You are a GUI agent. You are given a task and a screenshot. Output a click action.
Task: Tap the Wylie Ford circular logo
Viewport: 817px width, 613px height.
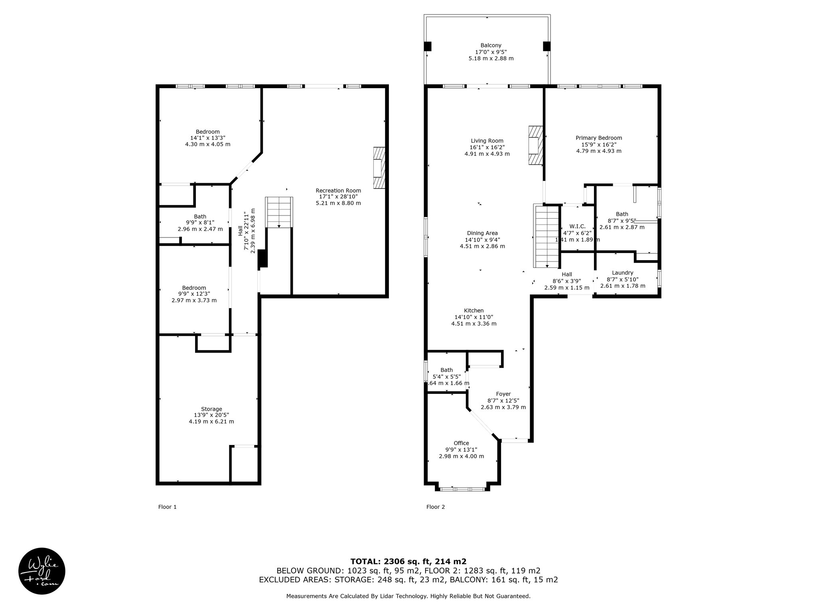pyautogui.click(x=42, y=571)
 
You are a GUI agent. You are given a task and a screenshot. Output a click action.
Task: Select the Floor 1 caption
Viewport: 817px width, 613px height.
pyautogui.click(x=167, y=507)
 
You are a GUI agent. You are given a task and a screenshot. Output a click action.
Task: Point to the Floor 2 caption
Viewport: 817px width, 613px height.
pyautogui.click(x=435, y=507)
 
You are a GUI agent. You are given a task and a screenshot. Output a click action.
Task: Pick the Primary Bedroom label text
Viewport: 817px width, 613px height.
pyautogui.click(x=599, y=138)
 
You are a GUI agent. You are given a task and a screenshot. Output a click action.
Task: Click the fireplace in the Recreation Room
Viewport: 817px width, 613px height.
pyautogui.click(x=379, y=168)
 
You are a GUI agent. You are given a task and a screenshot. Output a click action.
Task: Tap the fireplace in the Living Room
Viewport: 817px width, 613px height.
pyautogui.click(x=535, y=145)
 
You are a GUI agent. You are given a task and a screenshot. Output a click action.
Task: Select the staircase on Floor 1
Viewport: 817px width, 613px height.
pyautogui.click(x=279, y=212)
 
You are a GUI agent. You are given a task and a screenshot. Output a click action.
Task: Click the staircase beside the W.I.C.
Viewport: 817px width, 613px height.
pyautogui.click(x=547, y=236)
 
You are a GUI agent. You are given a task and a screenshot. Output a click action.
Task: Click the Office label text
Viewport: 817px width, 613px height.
pyautogui.click(x=461, y=443)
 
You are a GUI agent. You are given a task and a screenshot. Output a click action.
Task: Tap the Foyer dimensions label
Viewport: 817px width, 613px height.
pyautogui.click(x=503, y=404)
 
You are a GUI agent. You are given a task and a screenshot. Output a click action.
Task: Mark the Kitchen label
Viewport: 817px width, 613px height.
pyautogui.click(x=474, y=310)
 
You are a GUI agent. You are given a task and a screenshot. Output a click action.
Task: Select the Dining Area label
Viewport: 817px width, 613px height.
pyautogui.click(x=482, y=233)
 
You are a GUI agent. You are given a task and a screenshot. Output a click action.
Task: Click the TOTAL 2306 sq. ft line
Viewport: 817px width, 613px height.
pyautogui.click(x=408, y=562)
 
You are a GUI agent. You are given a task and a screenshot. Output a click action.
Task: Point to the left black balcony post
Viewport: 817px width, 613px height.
pyautogui.click(x=427, y=46)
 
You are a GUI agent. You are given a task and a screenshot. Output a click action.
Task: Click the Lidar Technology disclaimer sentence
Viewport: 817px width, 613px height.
pyautogui.click(x=408, y=596)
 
